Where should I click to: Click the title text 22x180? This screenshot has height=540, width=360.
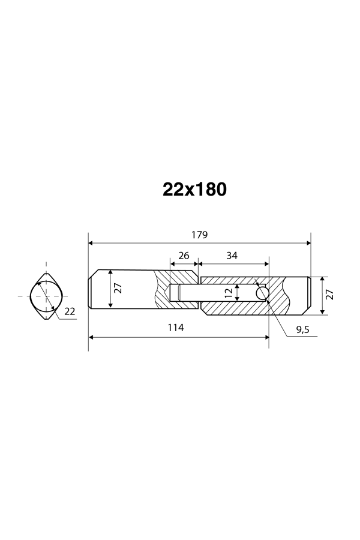click(x=194, y=190)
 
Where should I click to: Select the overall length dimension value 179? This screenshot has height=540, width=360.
click(x=200, y=235)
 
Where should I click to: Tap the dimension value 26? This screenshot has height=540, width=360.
click(x=184, y=256)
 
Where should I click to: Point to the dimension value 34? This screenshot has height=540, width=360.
click(x=232, y=256)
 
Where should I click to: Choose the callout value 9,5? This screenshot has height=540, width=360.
click(x=302, y=329)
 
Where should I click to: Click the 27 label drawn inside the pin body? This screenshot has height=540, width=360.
click(x=118, y=288)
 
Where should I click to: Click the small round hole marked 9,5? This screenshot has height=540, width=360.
click(x=262, y=293)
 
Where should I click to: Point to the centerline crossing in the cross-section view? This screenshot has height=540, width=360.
click(x=46, y=296)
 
